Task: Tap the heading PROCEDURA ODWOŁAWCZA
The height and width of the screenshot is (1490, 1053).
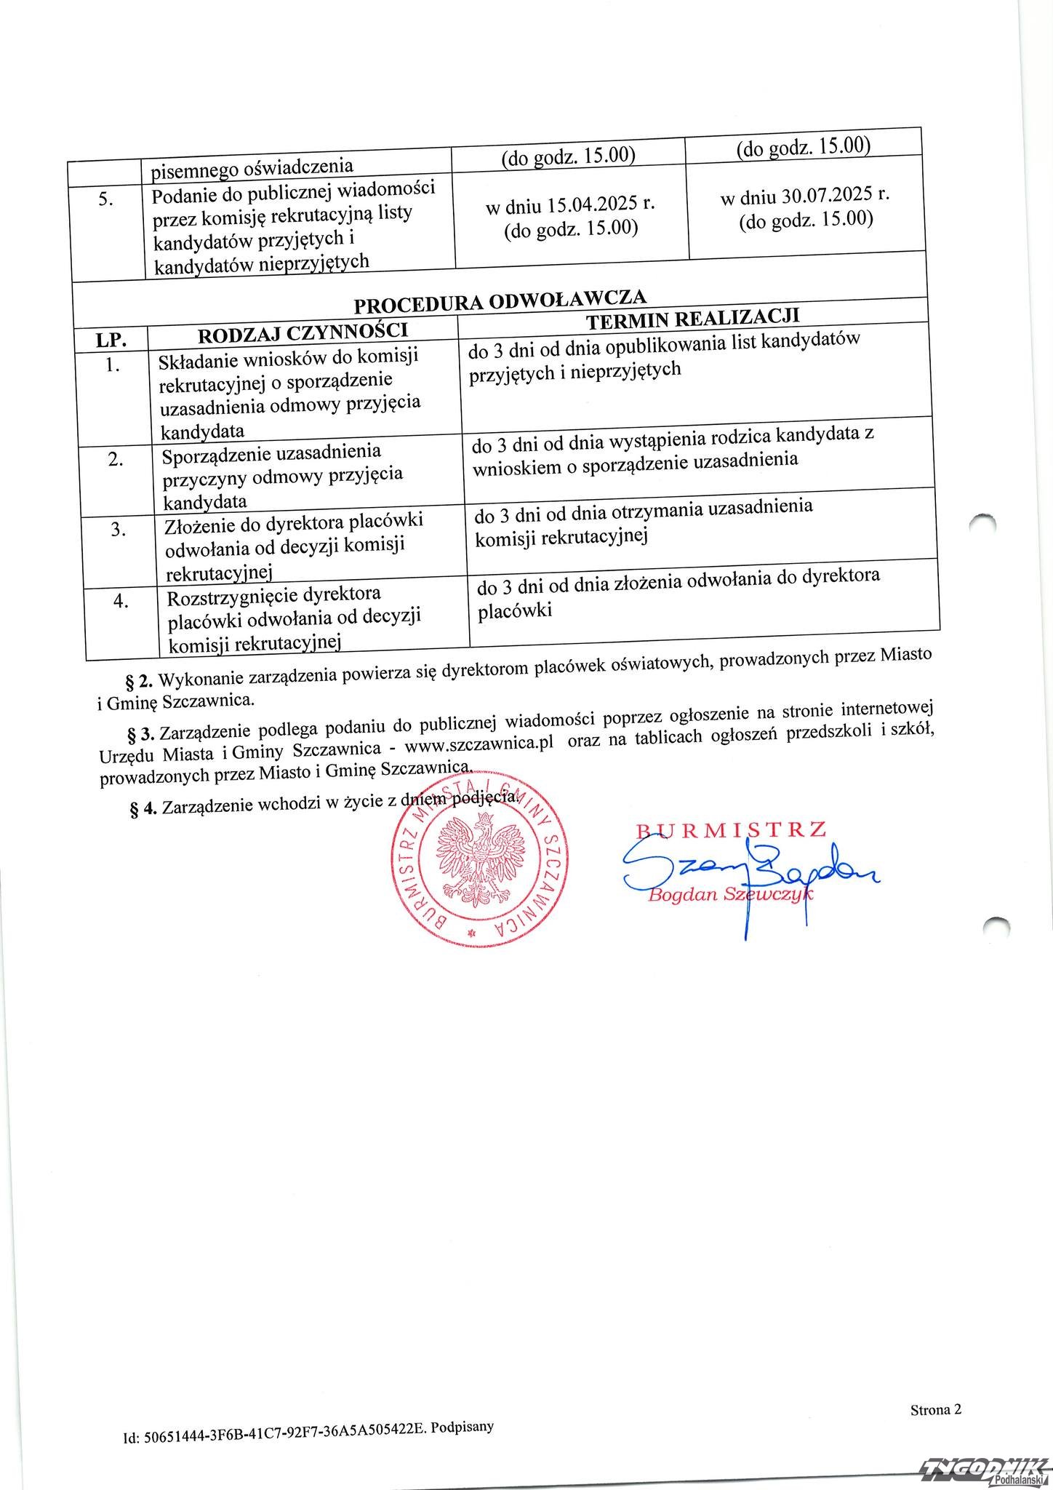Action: [x=500, y=300]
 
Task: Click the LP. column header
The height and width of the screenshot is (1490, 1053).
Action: [x=111, y=339]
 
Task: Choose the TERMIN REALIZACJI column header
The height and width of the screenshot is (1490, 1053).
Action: [x=692, y=319]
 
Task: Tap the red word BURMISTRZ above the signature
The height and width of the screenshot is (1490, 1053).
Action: [x=731, y=829]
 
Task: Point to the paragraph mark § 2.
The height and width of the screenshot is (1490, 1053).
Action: [x=138, y=682]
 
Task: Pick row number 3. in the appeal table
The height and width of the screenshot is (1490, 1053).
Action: [x=120, y=529]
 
